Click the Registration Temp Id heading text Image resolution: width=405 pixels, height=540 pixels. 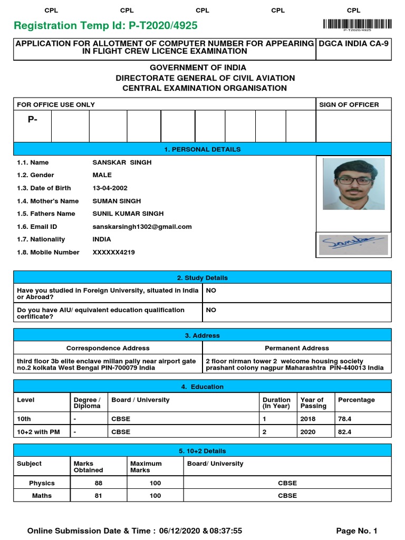click(106, 26)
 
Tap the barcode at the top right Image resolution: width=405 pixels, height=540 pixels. click(357, 24)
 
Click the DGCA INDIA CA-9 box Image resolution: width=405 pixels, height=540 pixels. click(353, 43)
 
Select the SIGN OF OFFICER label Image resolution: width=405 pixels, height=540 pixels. click(349, 104)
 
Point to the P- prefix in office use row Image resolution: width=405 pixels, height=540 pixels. click(33, 120)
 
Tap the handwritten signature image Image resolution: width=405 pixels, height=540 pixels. click(353, 245)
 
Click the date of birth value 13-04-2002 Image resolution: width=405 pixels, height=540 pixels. click(110, 188)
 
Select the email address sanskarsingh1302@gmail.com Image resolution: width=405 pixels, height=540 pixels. click(142, 227)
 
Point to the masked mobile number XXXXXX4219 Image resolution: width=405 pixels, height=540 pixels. click(113, 252)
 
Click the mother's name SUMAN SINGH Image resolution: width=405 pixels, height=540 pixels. click(117, 201)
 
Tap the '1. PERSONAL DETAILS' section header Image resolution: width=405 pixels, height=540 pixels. click(202, 149)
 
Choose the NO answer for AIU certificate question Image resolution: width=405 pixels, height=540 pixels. click(211, 310)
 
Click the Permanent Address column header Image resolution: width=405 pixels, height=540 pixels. click(297, 348)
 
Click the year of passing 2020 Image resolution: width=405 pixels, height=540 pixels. click(308, 432)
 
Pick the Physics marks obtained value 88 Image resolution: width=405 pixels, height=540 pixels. click(99, 483)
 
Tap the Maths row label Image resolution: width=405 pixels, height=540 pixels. click(42, 496)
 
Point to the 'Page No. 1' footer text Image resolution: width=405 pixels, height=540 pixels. click(356, 531)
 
